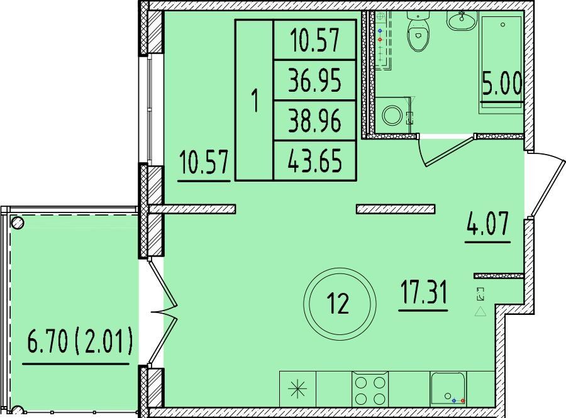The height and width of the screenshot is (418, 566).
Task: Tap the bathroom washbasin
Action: point(462,21)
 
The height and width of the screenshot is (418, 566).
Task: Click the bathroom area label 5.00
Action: point(502,84)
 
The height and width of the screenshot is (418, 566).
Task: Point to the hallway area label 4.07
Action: point(487,224)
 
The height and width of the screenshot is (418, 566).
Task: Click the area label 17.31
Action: point(423,292)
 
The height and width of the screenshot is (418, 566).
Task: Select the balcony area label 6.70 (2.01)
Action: point(79,343)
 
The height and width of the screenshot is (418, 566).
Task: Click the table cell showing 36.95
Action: point(315,80)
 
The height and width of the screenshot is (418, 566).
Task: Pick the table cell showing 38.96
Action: point(315,121)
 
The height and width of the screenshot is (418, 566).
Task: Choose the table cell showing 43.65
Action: point(315,160)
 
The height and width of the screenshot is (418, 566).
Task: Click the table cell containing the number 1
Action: point(255,101)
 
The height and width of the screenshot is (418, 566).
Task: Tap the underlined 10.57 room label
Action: point(204,163)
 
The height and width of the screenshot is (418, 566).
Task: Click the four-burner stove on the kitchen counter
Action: point(370,390)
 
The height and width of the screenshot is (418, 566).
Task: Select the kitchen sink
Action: point(448,390)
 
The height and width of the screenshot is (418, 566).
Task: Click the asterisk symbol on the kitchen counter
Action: point(298,390)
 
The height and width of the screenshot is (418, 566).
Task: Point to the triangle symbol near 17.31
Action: point(480,311)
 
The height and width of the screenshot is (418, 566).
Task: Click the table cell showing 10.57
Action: point(315,40)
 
